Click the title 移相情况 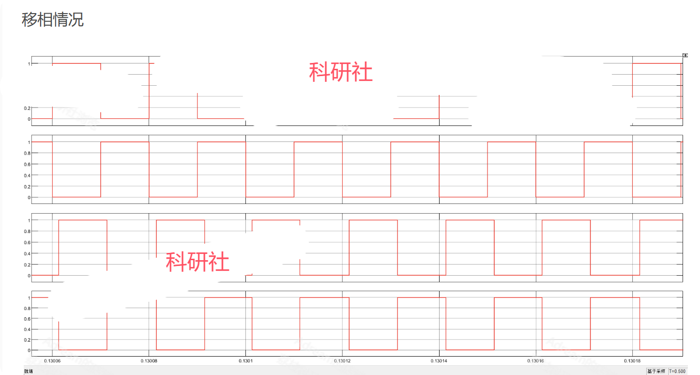(x=53, y=20)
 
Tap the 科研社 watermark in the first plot (x=341, y=73)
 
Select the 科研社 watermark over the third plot (x=198, y=262)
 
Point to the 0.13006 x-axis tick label (x=52, y=360)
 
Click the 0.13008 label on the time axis (x=149, y=360)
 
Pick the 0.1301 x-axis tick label (x=246, y=360)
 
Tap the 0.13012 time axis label (x=342, y=360)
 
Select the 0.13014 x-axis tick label (x=439, y=360)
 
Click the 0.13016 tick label (x=535, y=360)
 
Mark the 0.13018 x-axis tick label (x=632, y=360)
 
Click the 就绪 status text (x=29, y=371)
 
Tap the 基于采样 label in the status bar (x=656, y=371)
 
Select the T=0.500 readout (x=677, y=371)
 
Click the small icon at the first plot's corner (x=685, y=55)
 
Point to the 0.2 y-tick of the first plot (x=27, y=108)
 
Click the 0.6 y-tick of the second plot (x=27, y=164)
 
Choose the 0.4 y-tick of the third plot (x=27, y=253)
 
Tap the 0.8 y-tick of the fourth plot (x=27, y=308)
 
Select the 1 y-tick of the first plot (x=29, y=63)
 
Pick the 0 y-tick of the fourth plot (x=29, y=350)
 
